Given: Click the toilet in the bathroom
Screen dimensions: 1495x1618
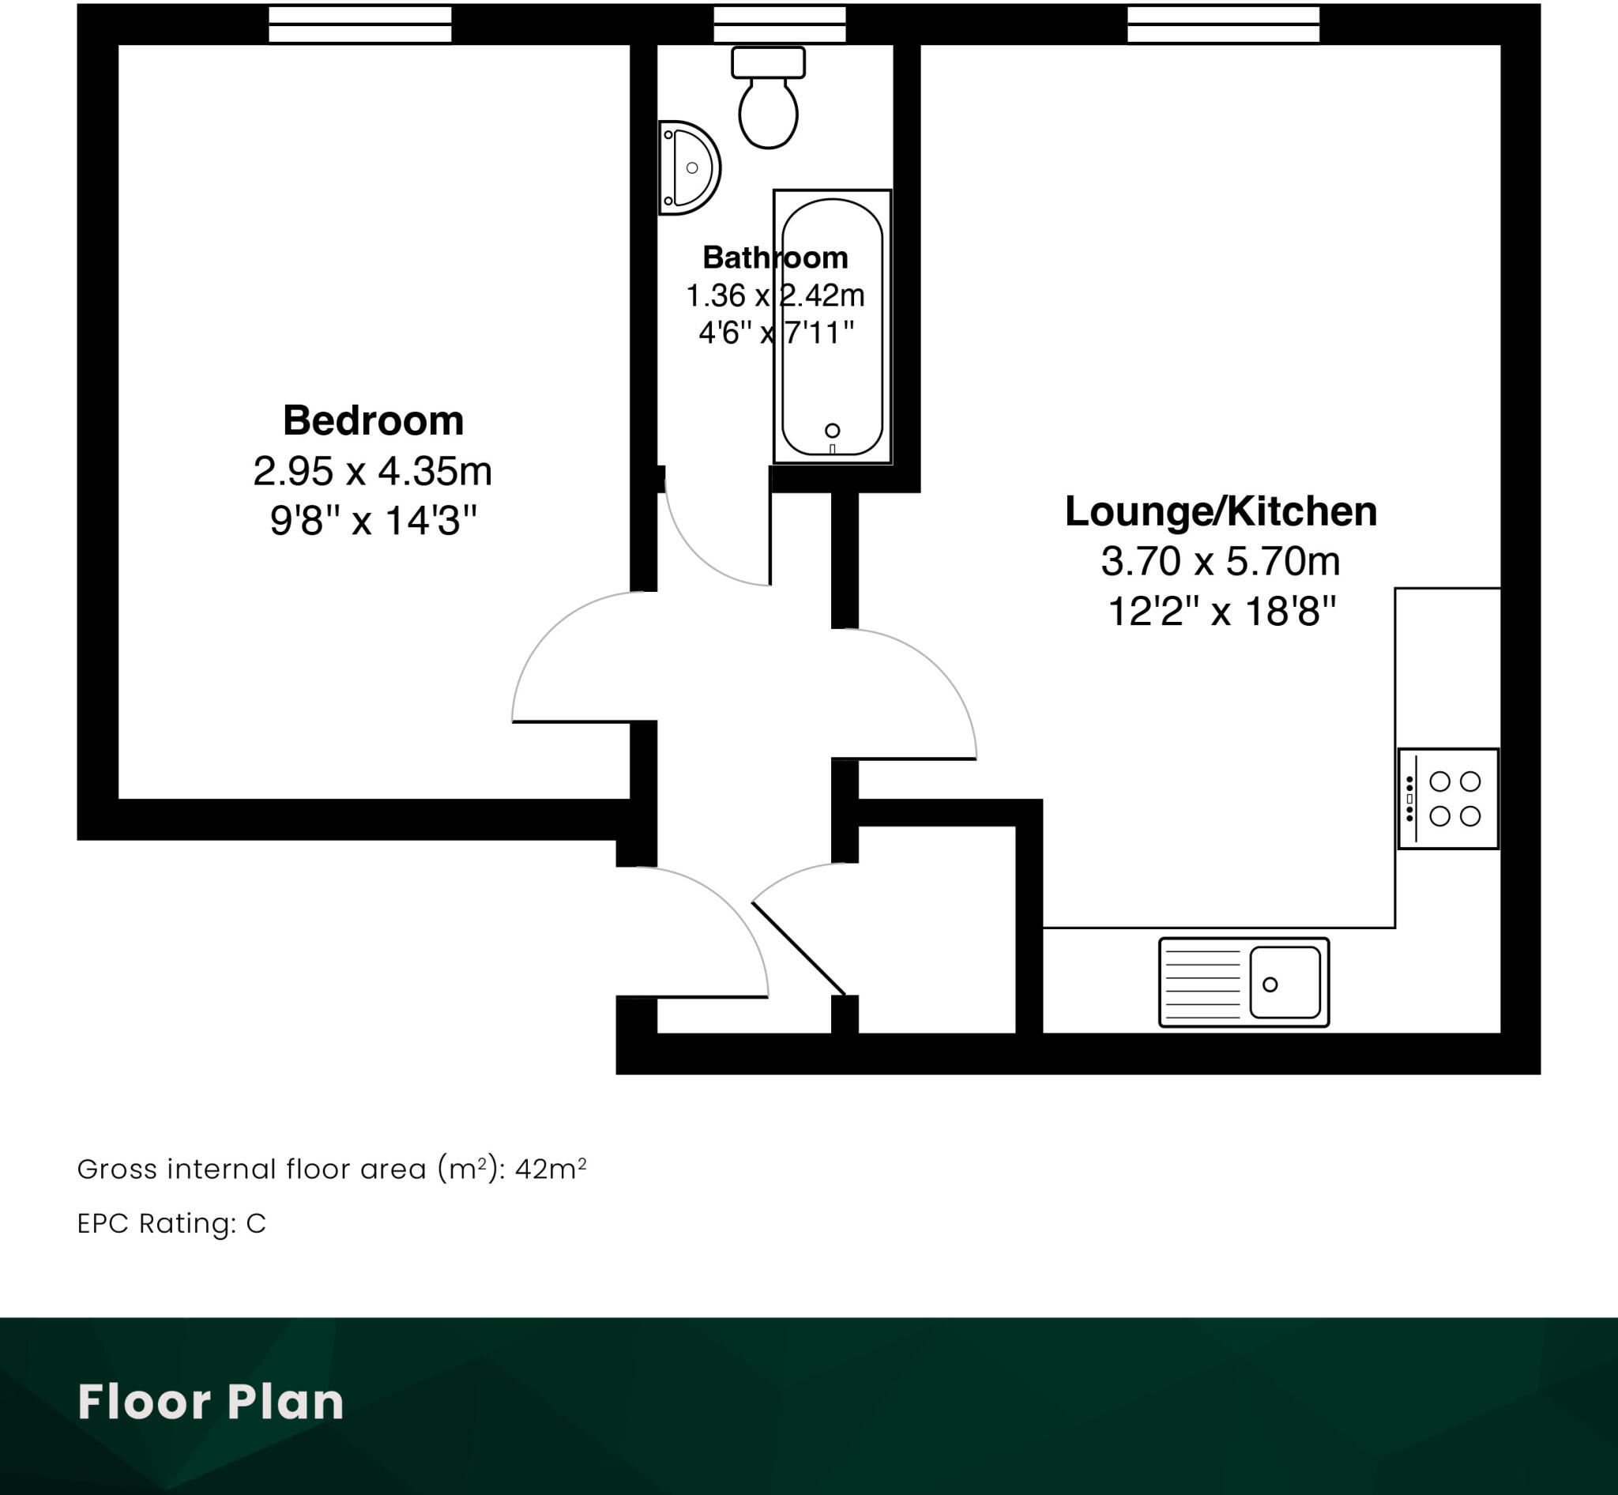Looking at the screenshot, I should pos(768,101).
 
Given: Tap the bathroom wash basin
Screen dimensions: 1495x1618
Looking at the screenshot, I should pos(688,168).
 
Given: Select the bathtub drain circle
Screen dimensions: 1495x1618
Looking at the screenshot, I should pos(832,431).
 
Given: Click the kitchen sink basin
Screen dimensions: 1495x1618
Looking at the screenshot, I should pos(1285,982).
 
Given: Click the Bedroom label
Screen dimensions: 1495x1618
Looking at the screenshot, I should pos(373,420).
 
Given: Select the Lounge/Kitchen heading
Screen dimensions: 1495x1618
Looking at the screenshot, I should pos(1220,511).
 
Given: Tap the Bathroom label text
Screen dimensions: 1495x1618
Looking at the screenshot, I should pos(775,258).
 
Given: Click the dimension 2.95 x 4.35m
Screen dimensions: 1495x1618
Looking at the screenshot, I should pos(372,471).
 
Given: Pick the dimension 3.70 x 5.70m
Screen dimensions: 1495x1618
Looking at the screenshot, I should pos(1220,562).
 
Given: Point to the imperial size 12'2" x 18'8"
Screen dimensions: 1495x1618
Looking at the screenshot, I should pos(1220,612).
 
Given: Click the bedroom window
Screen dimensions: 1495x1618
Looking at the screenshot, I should pos(360,24).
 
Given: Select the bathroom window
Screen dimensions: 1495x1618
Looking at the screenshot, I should pos(779,24).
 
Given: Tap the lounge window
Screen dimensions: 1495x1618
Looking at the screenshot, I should pos(1223,24).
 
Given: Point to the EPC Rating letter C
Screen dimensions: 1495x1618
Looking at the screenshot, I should pos(256,1224).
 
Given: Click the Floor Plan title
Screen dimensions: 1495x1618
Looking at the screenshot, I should pos(210,1402).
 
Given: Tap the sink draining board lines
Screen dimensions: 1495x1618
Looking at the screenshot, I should pos(1202,983).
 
